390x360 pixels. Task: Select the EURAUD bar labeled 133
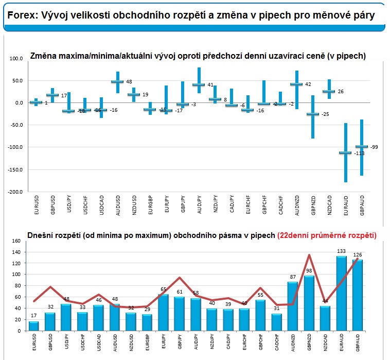[x=341, y=294]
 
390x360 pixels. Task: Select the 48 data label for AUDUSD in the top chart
[x=129, y=82]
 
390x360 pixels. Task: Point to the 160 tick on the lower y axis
[x=15, y=241]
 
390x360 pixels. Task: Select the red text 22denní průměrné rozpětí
[x=327, y=235]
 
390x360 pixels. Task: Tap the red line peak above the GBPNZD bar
[x=308, y=255]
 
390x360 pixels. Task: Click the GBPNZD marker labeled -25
[x=312, y=114]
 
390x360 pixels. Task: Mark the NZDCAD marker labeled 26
[x=329, y=92]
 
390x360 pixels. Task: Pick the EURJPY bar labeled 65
[x=164, y=312]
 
